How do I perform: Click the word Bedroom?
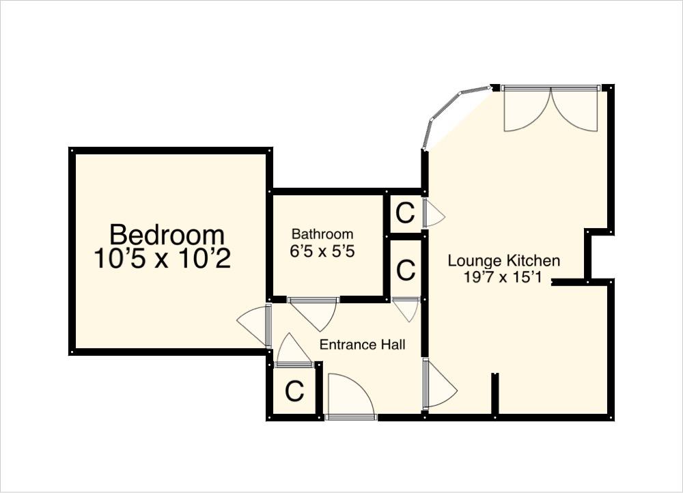point(167,235)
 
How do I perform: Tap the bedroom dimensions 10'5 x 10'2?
point(163,259)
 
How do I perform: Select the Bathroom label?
point(322,234)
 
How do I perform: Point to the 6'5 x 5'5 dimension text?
point(322,251)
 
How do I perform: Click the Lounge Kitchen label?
point(504,261)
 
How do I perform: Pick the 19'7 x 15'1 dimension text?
point(504,277)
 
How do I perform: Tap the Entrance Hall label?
point(363,345)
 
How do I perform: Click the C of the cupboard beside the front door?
point(294,392)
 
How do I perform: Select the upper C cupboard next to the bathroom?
point(405,214)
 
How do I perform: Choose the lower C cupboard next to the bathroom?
point(405,270)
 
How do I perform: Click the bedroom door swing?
point(254,325)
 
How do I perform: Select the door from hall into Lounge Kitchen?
point(440,386)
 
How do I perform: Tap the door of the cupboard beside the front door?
point(293,352)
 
